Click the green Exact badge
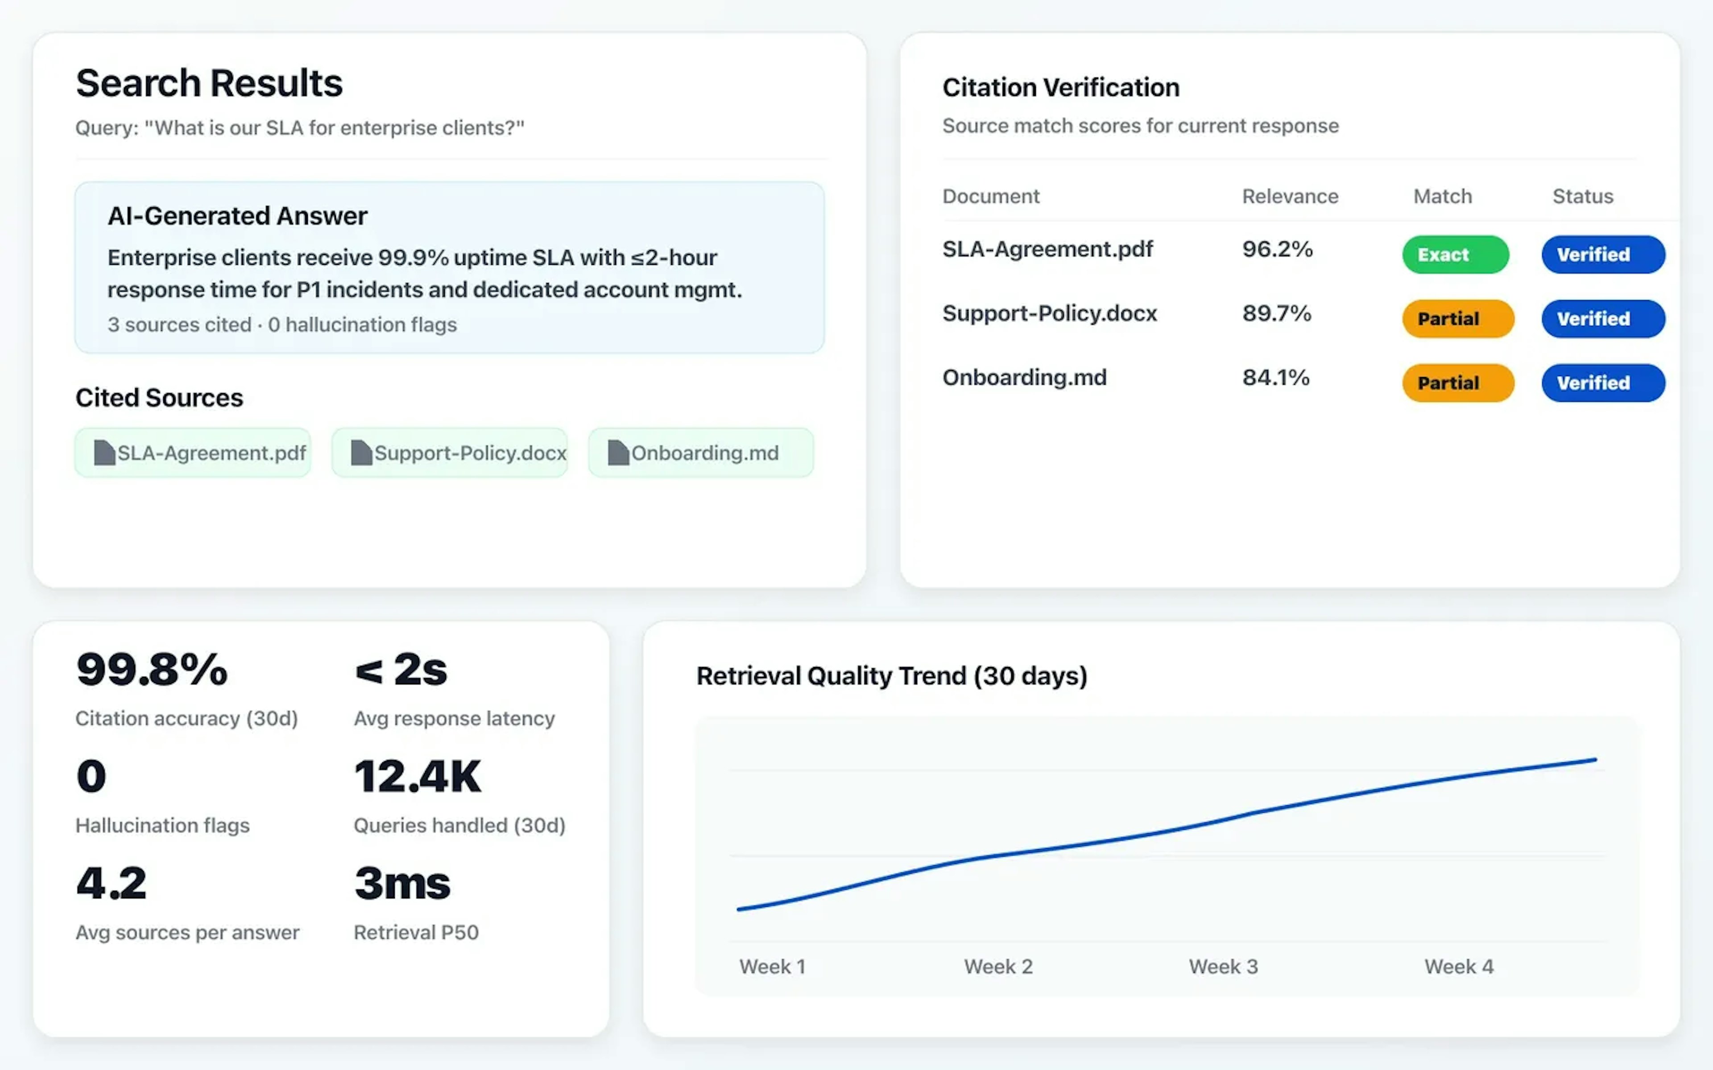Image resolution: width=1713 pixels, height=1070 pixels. click(1455, 255)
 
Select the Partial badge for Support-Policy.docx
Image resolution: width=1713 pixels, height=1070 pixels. click(1457, 318)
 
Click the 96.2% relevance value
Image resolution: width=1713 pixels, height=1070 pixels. click(1277, 249)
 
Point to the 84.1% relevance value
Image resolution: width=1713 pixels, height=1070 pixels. click(1275, 377)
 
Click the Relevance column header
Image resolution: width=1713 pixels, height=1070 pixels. click(1290, 196)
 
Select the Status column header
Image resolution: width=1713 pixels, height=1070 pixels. click(1583, 196)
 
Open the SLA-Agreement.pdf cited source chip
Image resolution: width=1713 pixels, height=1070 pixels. click(193, 453)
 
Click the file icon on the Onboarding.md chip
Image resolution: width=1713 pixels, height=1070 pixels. click(618, 453)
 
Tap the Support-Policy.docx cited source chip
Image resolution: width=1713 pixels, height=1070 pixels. click(450, 453)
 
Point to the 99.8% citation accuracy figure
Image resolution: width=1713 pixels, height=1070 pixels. click(152, 670)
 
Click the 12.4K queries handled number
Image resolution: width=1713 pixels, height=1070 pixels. click(417, 776)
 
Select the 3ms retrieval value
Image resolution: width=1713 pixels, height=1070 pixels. click(402, 883)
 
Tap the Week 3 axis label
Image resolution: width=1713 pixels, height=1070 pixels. click(1223, 967)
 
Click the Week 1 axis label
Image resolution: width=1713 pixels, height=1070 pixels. click(772, 967)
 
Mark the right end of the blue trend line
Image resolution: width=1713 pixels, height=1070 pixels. click(1595, 760)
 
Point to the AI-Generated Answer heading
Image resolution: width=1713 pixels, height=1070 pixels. click(237, 216)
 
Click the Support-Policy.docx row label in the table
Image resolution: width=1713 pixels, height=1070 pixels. click(1049, 313)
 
